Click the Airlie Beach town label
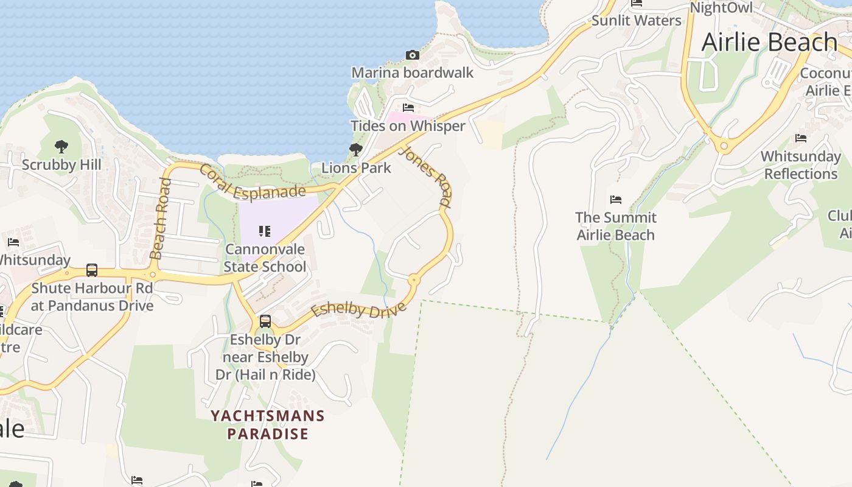click(x=769, y=43)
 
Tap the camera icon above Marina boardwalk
click(x=412, y=55)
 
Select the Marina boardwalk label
click(x=412, y=73)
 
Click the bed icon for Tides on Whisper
click(x=408, y=108)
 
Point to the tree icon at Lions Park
click(x=356, y=149)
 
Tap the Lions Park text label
click(x=356, y=167)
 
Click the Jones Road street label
click(x=426, y=177)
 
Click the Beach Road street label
click(x=159, y=218)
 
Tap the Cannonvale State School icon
click(x=265, y=231)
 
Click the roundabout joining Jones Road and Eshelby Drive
click(x=414, y=280)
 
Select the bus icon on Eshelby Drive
click(x=265, y=321)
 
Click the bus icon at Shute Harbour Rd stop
click(x=92, y=270)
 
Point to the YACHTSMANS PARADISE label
click(x=268, y=425)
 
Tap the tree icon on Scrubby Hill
click(x=61, y=146)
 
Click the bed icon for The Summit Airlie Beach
click(x=616, y=200)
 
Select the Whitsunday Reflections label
click(x=800, y=165)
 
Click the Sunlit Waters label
click(x=636, y=21)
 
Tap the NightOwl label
click(x=721, y=7)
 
